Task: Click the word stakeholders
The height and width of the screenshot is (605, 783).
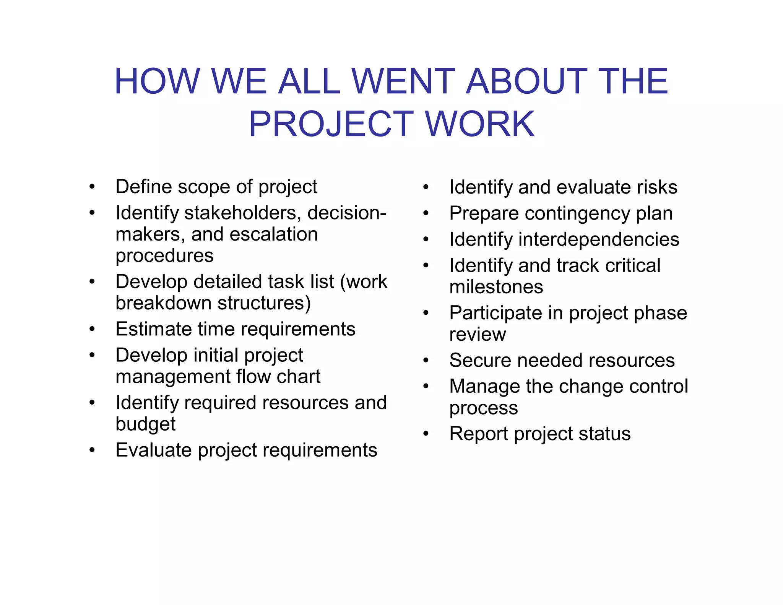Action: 240,213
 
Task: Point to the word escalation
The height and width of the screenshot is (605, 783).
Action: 274,234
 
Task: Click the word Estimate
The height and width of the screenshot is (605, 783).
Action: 153,329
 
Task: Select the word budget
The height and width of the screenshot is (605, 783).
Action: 145,424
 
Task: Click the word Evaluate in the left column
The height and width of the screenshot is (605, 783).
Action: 154,450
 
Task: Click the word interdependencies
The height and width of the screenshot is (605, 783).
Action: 599,239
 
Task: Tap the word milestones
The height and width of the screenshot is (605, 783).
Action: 496,287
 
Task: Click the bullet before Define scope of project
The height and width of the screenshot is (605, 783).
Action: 92,187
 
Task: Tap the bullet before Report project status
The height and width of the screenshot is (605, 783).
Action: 426,434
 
